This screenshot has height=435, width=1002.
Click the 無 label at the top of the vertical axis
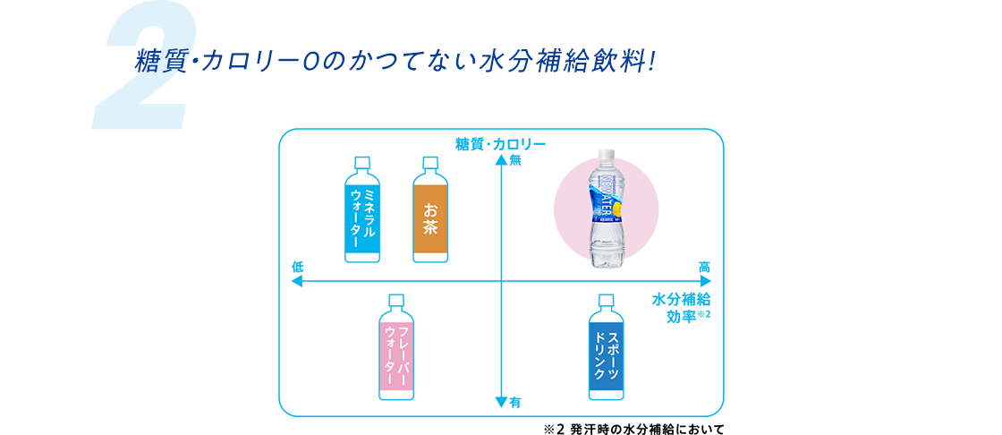[514, 162]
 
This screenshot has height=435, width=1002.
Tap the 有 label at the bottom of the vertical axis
[514, 403]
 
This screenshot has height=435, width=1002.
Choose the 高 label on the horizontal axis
[705, 267]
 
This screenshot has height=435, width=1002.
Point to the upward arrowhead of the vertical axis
[501, 161]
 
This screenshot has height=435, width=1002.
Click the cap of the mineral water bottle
[362, 162]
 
